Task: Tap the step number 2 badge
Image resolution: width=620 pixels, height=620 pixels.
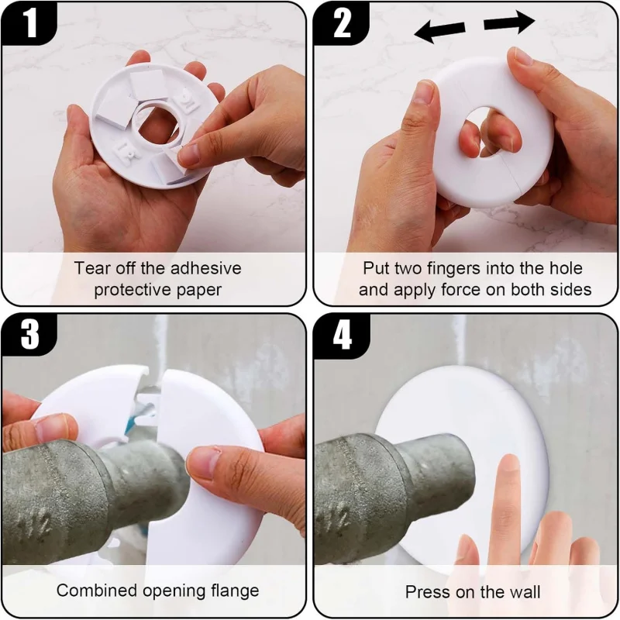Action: pos(342,23)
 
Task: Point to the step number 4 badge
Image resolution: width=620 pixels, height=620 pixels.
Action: pos(342,336)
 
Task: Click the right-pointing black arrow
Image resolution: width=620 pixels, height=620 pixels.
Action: pos(509,24)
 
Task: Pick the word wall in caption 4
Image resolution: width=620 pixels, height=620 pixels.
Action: pos(524,592)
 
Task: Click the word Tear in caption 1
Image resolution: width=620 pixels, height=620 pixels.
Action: pos(91,268)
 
